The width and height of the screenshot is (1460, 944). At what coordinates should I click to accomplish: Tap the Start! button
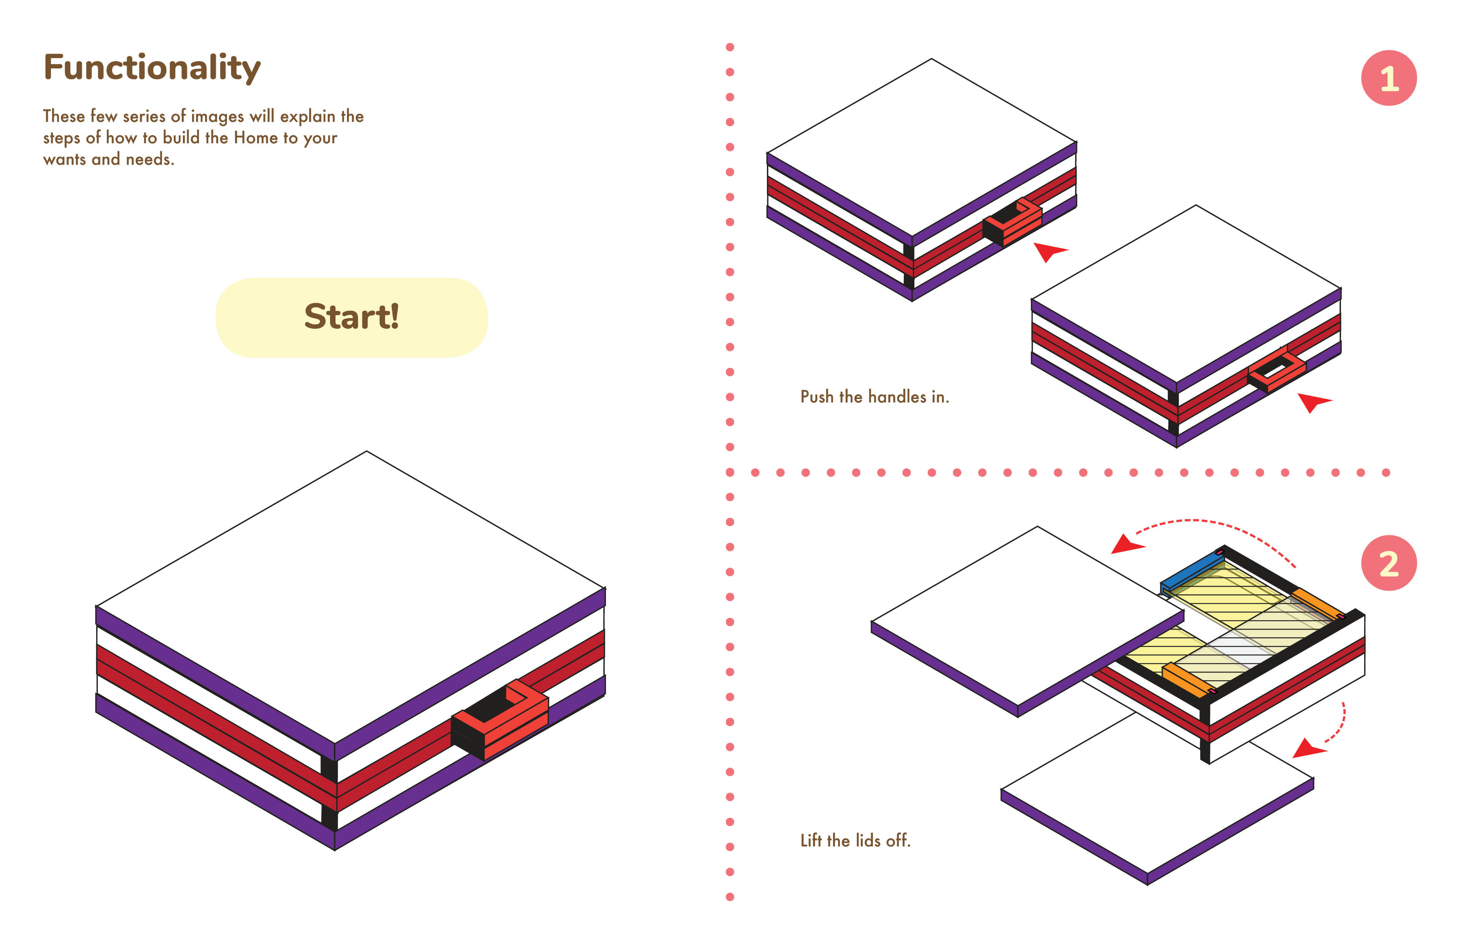[351, 318]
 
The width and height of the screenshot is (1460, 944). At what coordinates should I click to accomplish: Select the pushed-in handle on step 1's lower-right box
[1277, 370]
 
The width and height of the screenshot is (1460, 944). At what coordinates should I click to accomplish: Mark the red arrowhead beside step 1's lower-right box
[1314, 402]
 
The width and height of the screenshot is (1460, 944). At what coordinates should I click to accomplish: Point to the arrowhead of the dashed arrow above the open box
[1127, 544]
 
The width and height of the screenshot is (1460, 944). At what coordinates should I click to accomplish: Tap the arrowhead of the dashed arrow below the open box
[1308, 749]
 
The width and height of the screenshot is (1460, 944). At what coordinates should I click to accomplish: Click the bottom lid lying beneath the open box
[1157, 797]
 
